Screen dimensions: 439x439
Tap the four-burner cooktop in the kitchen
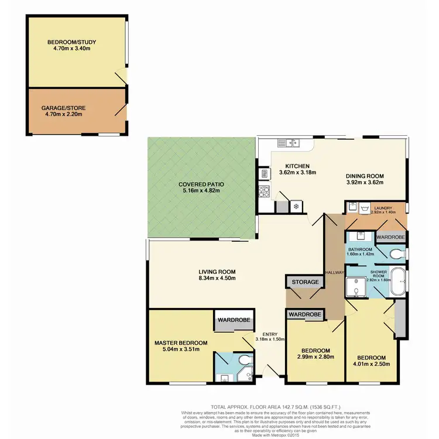click(263, 191)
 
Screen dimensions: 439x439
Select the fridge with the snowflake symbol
click(296, 206)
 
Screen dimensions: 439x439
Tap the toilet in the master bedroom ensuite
click(249, 359)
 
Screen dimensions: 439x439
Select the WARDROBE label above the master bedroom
click(234, 320)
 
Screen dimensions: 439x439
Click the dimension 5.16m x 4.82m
click(201, 191)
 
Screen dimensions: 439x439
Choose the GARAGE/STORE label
click(61, 108)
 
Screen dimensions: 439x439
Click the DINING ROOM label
click(364, 174)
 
